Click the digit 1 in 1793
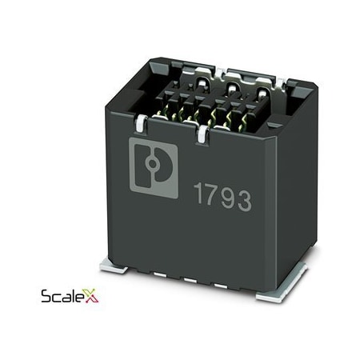click(199, 194)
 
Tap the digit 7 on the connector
click(214, 196)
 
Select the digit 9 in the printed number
click(230, 198)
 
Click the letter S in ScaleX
click(46, 298)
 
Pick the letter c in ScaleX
click(57, 299)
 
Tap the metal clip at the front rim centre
click(206, 130)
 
